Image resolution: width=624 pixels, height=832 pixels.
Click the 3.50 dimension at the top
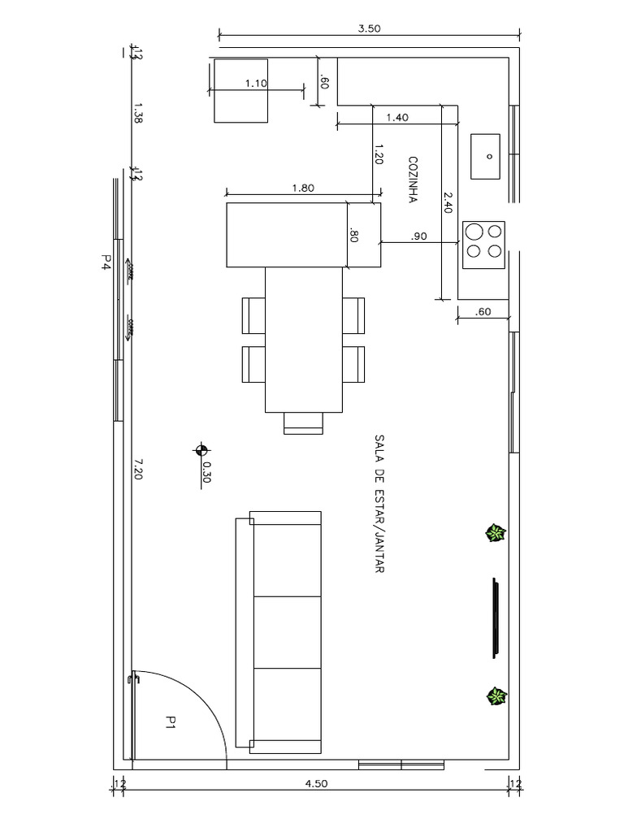click(369, 28)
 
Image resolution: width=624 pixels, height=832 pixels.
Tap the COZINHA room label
click(413, 180)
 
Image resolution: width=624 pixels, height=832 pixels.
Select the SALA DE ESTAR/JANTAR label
click(379, 504)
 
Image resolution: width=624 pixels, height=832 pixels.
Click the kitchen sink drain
click(489, 156)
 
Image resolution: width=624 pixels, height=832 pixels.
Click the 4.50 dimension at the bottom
click(316, 784)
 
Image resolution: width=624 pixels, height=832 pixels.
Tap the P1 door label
click(171, 722)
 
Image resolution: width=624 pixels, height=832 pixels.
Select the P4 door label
click(106, 262)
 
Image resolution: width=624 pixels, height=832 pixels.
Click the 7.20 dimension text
click(136, 470)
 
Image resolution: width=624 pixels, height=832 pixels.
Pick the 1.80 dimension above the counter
click(303, 188)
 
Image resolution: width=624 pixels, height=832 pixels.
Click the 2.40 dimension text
click(448, 202)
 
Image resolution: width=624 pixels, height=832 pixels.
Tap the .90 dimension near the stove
click(418, 236)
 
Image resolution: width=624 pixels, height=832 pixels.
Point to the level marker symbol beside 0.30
click(201, 450)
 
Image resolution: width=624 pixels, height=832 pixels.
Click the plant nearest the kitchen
click(496, 533)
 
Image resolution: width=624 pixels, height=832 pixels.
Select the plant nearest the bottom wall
click(496, 696)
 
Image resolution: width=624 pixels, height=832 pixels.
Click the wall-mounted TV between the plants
click(496, 618)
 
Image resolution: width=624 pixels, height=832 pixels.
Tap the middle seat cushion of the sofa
click(288, 632)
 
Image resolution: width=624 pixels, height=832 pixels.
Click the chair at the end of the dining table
click(303, 423)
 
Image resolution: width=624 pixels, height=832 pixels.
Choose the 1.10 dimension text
click(256, 84)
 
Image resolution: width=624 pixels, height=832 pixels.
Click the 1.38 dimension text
click(136, 114)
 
